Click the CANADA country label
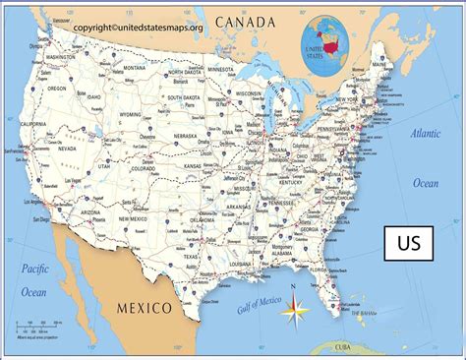[252, 21]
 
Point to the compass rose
[295, 314]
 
